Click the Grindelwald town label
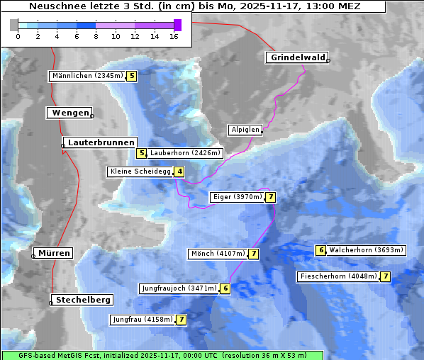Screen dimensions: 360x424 (296, 57)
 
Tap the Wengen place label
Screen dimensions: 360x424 (68, 113)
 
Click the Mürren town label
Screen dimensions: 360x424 (55, 253)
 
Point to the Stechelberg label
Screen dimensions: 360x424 (82, 300)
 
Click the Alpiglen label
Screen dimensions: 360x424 (245, 130)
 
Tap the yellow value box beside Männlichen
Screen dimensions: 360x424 (131, 76)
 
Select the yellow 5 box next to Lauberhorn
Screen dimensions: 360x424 (142, 153)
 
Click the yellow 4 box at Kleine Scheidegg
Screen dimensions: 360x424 (180, 171)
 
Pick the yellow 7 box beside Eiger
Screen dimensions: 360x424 (271, 197)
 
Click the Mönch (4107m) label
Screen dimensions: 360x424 (218, 254)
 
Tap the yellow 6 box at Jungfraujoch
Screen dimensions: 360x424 (225, 288)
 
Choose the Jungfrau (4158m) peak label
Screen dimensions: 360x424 (143, 320)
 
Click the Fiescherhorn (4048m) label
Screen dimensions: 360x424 (338, 276)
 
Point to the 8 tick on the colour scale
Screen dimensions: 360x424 (96, 36)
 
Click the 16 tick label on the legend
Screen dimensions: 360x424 (174, 36)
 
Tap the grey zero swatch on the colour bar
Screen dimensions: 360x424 (14, 25)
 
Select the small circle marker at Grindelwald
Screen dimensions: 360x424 (328, 61)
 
